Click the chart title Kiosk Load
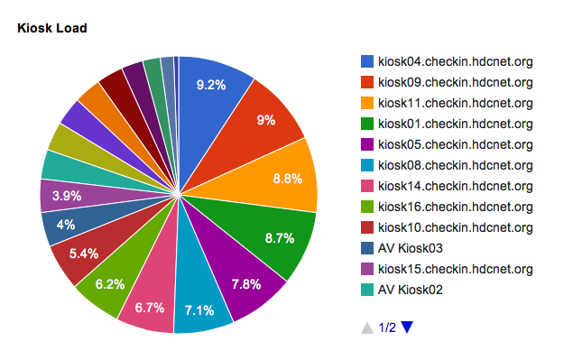(52, 28)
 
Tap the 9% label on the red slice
(265, 120)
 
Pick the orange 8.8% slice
(278, 175)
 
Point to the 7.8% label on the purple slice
(246, 284)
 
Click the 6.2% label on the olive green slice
(109, 284)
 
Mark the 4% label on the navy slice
(66, 225)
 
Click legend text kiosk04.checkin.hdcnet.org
(456, 61)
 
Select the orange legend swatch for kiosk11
(367, 103)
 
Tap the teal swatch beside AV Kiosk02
(367, 290)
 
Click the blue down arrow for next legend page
(407, 327)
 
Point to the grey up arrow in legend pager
(367, 328)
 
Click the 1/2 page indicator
(387, 328)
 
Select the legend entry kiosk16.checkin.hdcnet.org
(456, 207)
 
